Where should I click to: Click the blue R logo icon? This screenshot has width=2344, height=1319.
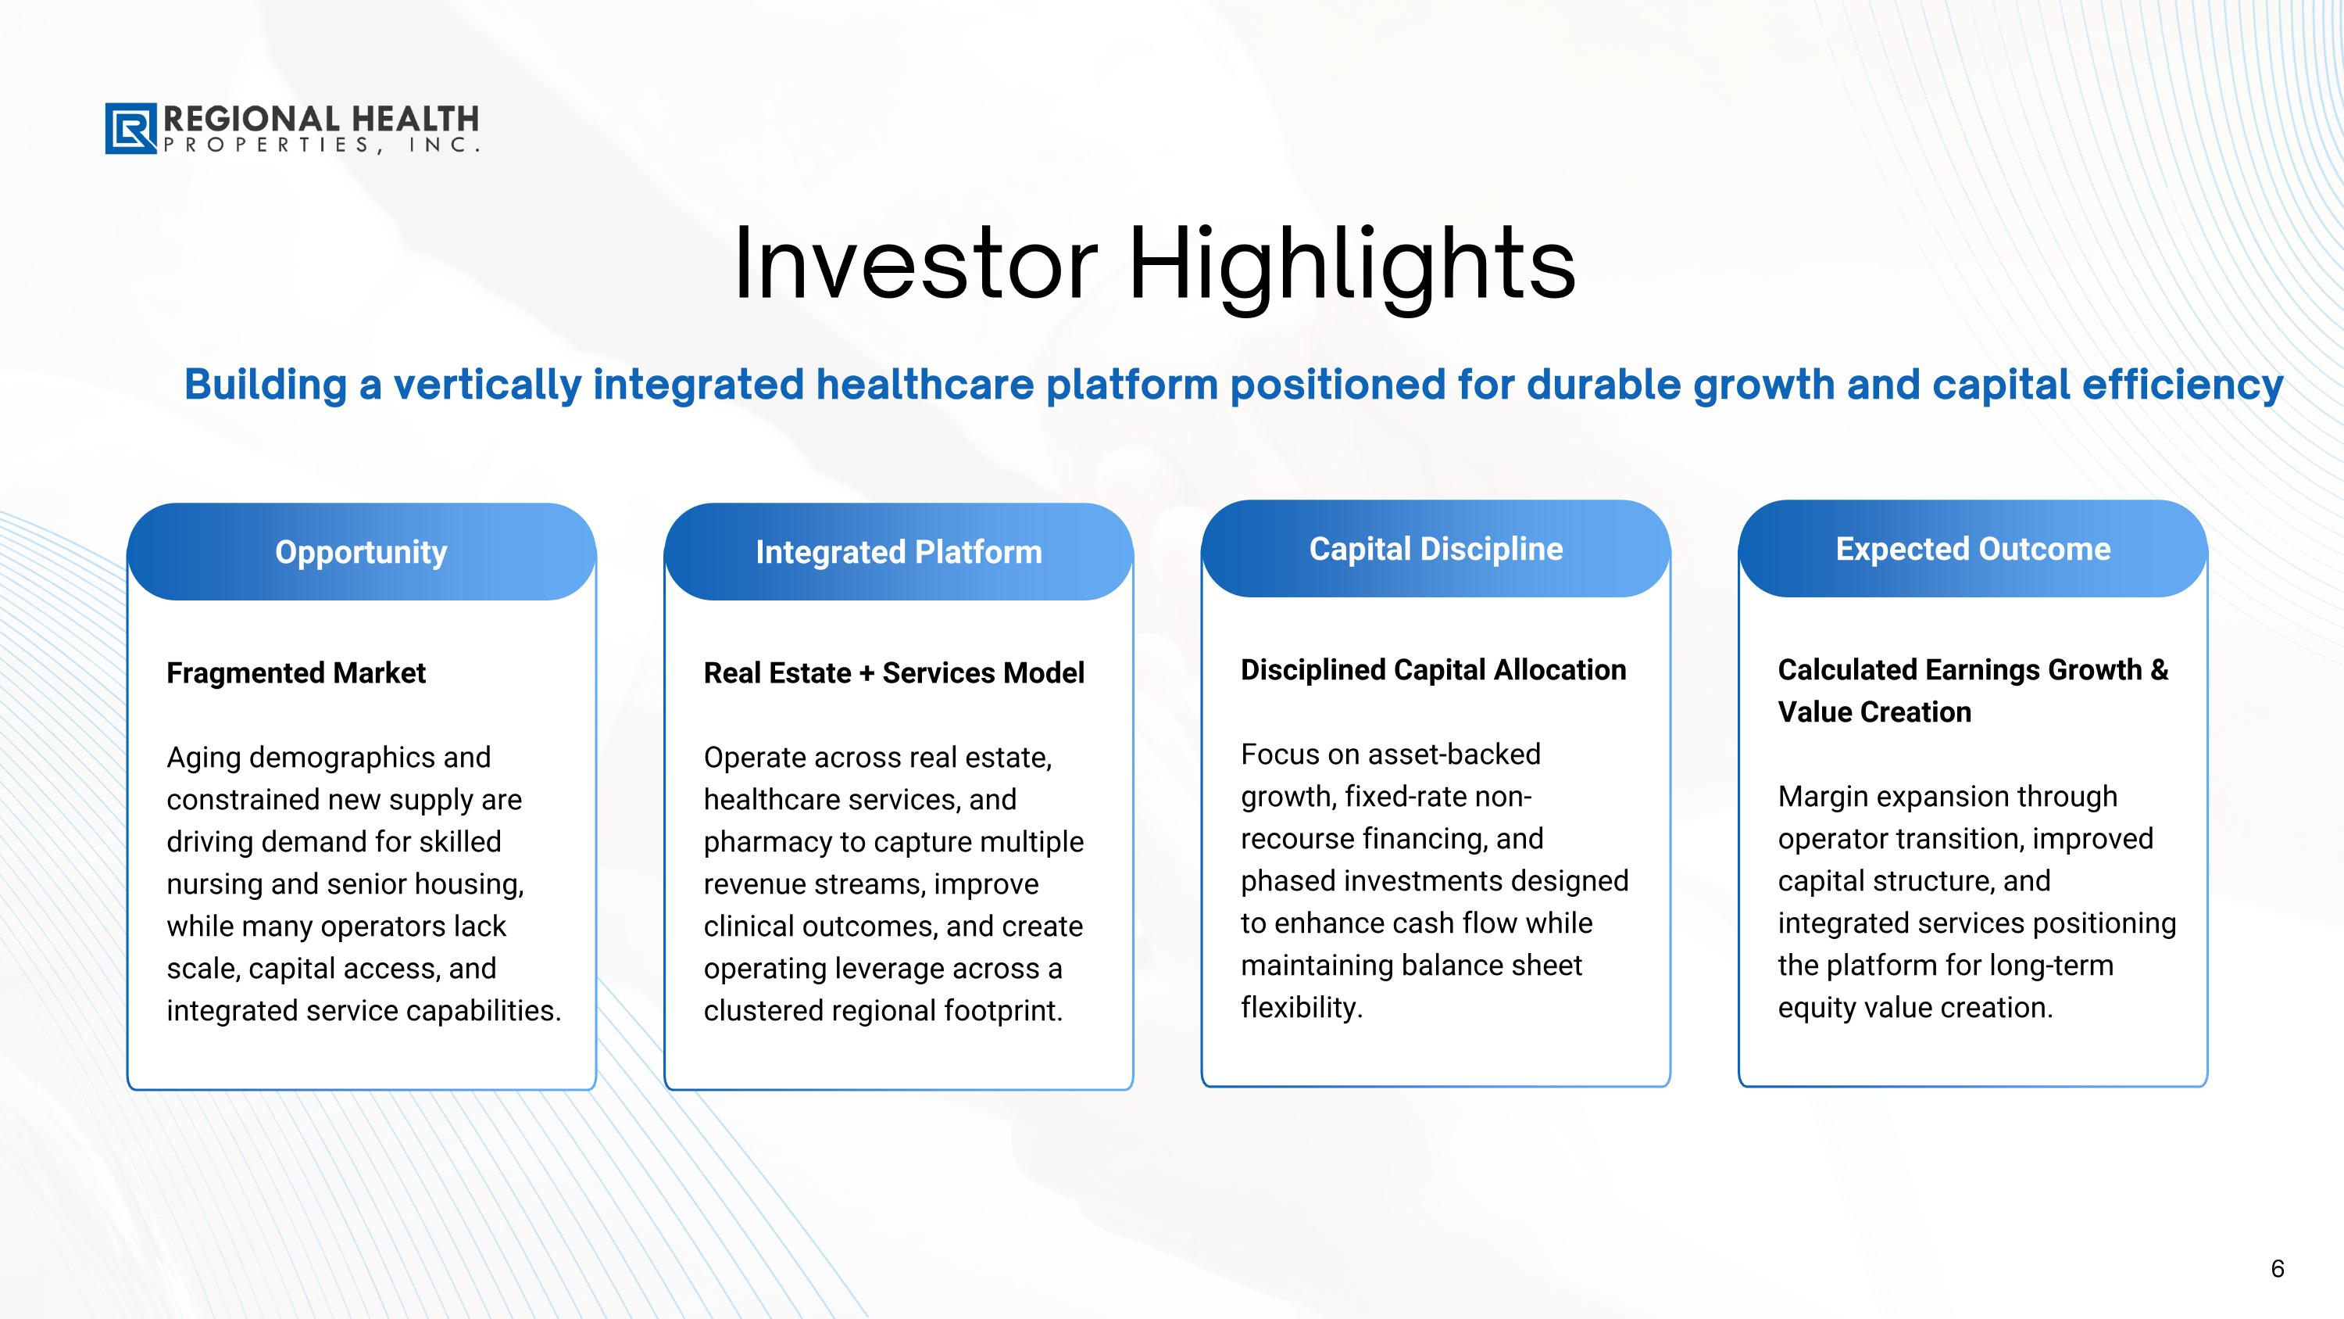(x=131, y=128)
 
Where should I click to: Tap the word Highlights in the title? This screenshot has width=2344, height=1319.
(x=1352, y=267)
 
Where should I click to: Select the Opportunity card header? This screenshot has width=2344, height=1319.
(x=361, y=552)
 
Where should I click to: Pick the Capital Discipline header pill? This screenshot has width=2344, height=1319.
(x=1436, y=549)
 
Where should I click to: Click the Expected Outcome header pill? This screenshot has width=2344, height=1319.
(x=1973, y=549)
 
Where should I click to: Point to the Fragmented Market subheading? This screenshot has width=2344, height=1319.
(x=295, y=672)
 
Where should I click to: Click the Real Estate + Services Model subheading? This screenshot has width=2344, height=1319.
(x=894, y=672)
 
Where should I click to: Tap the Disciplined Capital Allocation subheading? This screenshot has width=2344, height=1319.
(x=1433, y=670)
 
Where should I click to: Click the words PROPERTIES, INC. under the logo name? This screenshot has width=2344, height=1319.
(x=321, y=145)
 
